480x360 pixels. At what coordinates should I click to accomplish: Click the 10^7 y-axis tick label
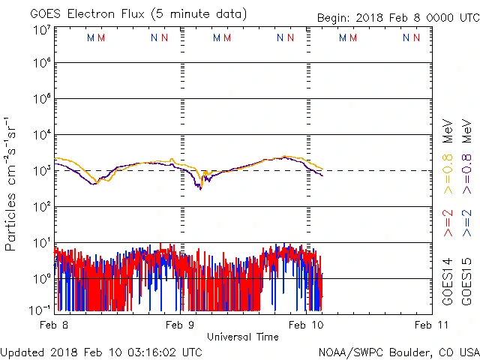click(x=41, y=30)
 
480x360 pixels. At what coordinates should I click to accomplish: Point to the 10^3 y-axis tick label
click(x=41, y=171)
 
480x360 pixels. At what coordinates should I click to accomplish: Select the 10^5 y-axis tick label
click(x=41, y=100)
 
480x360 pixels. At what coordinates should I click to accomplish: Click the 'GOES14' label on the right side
click(x=448, y=280)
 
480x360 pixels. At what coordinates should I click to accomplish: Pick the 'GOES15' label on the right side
click(x=467, y=280)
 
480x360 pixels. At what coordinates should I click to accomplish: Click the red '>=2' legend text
click(x=448, y=223)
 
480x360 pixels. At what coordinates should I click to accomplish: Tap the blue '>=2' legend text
click(x=467, y=223)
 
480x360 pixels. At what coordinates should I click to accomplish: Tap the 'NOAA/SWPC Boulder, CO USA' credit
click(x=398, y=351)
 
